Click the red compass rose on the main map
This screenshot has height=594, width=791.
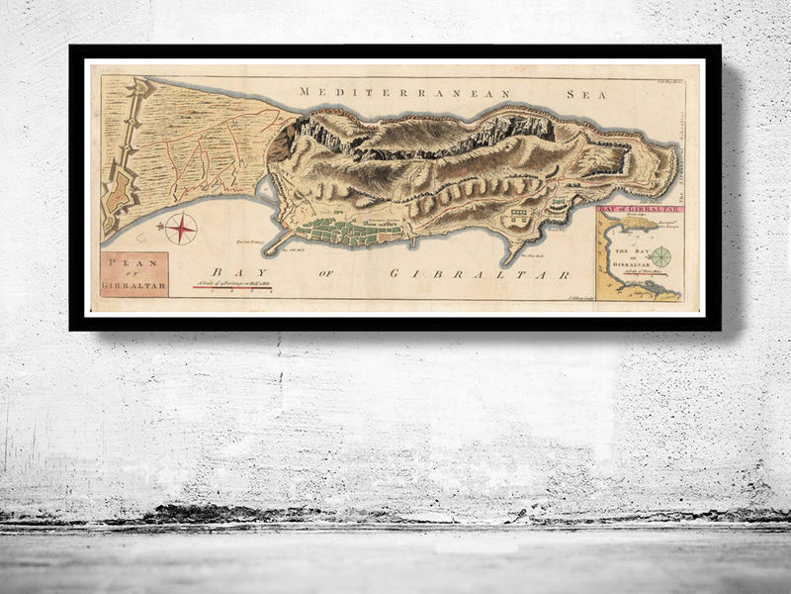(180, 229)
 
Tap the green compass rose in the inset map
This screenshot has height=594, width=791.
(660, 256)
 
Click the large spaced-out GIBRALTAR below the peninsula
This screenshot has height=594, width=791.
(481, 272)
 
